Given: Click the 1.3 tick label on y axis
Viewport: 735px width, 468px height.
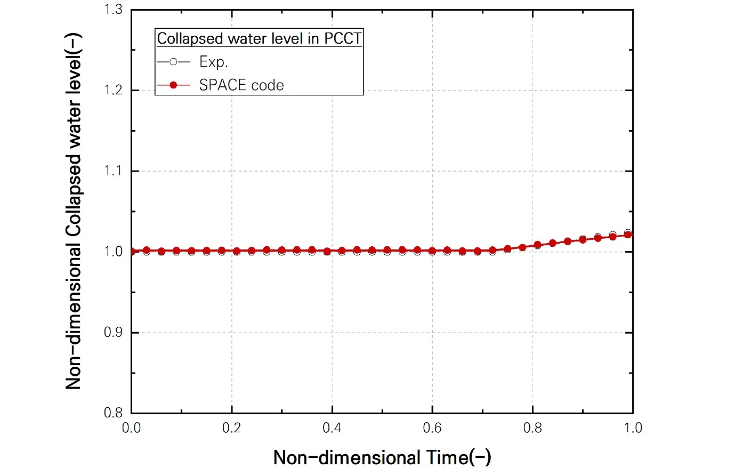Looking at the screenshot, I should (112, 10).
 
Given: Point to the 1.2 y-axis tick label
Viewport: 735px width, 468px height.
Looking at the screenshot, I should (112, 90).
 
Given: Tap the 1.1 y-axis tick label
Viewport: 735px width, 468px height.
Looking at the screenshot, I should (112, 171).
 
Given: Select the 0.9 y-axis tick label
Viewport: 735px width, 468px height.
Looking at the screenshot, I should (112, 333).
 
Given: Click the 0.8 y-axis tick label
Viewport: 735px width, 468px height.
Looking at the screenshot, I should (112, 413).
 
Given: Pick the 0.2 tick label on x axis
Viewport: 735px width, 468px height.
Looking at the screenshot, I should (232, 428).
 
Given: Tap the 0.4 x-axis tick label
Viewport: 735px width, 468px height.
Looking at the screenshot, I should (332, 428).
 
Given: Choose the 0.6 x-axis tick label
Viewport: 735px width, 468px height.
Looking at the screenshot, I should (432, 428).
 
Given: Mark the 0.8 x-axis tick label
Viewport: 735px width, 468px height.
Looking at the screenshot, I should (532, 428).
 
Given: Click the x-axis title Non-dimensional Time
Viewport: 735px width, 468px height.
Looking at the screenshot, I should (382, 457).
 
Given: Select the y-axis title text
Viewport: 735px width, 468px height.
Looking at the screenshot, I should (73, 211).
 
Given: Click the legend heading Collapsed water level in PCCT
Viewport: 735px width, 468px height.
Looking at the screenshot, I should (259, 38).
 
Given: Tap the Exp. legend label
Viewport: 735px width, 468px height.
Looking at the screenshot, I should (214, 62).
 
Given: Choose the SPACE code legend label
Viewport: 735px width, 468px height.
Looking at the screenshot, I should (241, 85).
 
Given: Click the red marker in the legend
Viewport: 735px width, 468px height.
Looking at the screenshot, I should (173, 85).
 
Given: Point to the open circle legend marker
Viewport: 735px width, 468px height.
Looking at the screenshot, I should (173, 62).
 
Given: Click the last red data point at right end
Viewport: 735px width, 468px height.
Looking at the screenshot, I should (628, 235).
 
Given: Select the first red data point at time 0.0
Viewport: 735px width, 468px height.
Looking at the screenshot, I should (132, 251).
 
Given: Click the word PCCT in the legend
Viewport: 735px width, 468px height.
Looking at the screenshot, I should (343, 38).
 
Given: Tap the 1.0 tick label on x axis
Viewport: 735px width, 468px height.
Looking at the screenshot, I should (633, 428).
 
